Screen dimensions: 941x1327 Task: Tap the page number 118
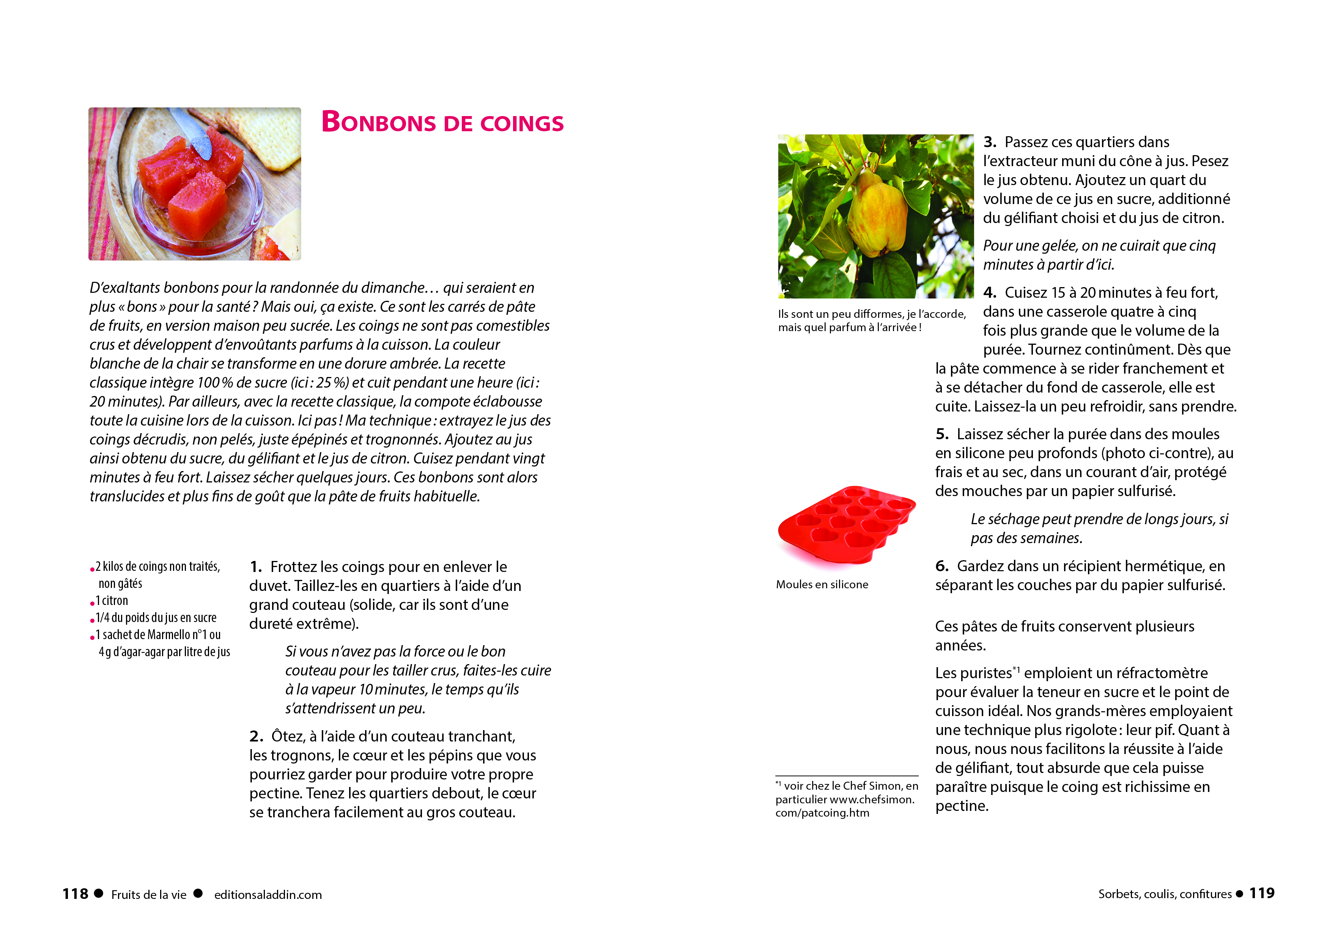point(76,894)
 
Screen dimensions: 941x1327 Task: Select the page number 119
point(1261,893)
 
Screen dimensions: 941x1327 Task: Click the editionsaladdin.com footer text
point(268,895)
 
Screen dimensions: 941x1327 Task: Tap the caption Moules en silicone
point(822,584)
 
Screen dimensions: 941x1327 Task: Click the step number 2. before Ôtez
point(256,737)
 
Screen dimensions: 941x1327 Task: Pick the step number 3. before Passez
point(990,142)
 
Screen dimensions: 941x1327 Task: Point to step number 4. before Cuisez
point(990,292)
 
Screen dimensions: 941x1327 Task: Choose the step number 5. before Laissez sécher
point(942,434)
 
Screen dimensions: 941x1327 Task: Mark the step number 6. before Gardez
point(942,566)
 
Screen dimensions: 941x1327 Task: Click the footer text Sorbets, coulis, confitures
point(1164,894)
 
